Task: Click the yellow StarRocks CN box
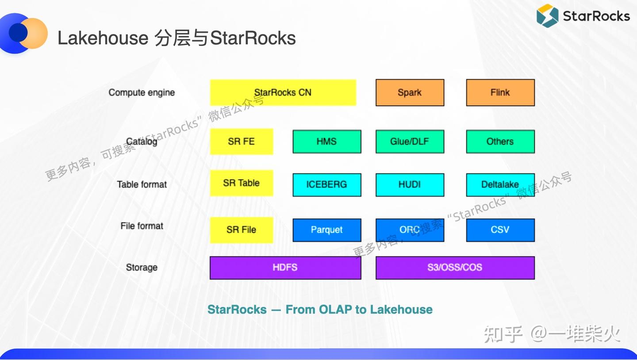click(283, 92)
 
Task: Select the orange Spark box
click(410, 92)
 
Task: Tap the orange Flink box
click(500, 92)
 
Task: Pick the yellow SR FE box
click(241, 142)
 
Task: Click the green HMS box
click(326, 142)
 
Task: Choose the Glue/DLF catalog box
click(410, 142)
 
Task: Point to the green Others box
click(500, 142)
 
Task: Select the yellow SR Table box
click(241, 183)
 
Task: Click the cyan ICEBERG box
click(326, 184)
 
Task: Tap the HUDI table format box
click(410, 184)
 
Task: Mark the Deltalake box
click(500, 184)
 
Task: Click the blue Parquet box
click(326, 230)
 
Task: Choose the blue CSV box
click(500, 230)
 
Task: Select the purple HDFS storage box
click(285, 268)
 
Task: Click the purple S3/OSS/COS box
click(455, 268)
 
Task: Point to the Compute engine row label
click(142, 92)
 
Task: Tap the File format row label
click(142, 226)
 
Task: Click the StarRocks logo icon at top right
click(547, 16)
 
